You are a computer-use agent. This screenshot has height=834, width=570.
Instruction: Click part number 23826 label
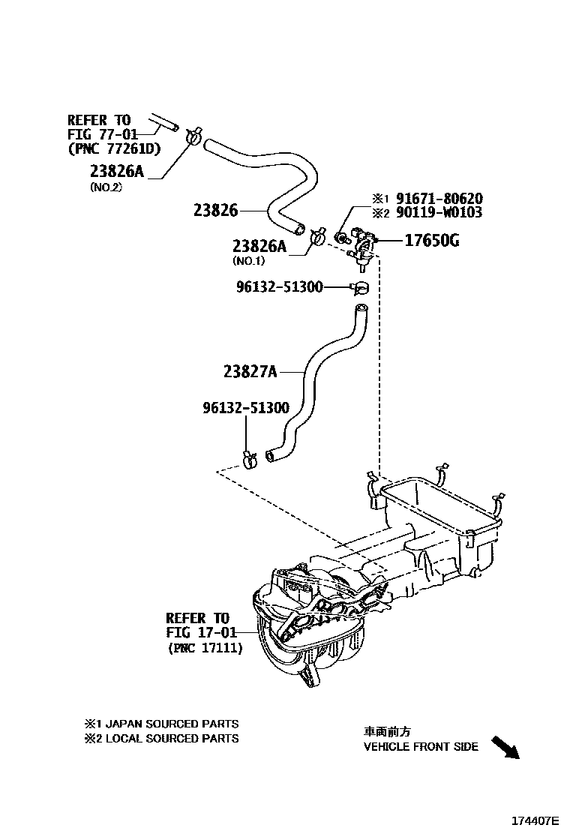215,211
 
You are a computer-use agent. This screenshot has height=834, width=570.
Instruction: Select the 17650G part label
432,241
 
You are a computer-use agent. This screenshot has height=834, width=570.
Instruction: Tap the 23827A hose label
250,370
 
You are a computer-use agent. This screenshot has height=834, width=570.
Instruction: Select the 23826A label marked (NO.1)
259,245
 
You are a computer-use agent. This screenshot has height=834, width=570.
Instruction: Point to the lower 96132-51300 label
245,408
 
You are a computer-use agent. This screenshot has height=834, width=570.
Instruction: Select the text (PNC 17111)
205,648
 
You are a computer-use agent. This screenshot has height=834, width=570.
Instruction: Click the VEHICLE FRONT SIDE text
421,746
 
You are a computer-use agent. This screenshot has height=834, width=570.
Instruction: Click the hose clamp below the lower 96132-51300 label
249,456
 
